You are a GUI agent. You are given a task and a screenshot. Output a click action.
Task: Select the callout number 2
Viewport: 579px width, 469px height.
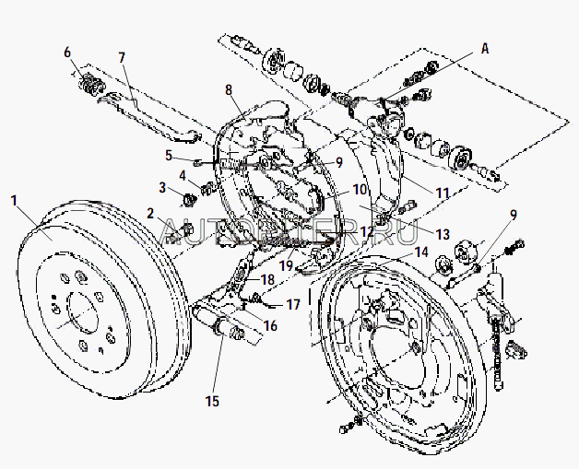149,212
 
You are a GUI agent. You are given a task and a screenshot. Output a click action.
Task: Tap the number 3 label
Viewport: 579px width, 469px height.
162,188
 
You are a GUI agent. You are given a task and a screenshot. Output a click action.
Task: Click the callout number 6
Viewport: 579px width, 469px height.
67,53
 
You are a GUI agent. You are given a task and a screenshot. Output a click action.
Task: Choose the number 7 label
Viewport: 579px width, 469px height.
122,57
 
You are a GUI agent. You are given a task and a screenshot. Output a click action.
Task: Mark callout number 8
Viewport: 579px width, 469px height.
229,89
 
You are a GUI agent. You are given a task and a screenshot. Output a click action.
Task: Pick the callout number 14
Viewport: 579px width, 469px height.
420,251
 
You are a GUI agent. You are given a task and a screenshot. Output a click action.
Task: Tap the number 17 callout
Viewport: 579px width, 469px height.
293,303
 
